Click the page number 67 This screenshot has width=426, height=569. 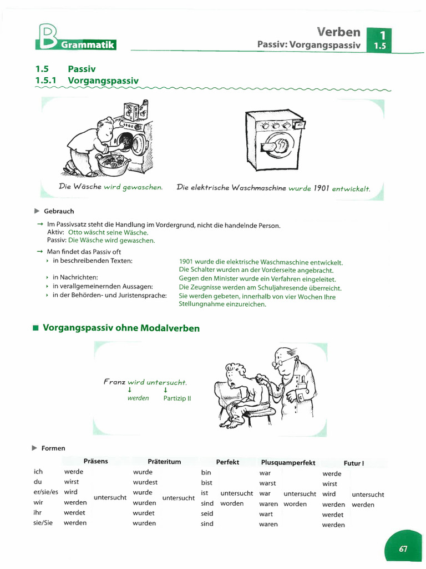[x=403, y=548]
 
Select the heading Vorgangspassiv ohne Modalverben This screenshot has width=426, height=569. [x=121, y=328]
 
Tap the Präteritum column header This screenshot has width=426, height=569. [x=164, y=462]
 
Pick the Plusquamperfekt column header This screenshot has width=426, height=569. [x=288, y=462]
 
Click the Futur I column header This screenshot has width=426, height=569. [x=354, y=463]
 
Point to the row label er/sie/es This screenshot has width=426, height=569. [x=45, y=492]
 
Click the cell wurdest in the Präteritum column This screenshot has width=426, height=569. [x=145, y=482]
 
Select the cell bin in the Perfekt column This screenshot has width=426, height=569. [x=206, y=472]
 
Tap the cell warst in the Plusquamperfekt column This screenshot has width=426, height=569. [x=267, y=483]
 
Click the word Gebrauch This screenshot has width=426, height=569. [x=58, y=211]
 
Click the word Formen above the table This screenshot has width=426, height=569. [x=53, y=448]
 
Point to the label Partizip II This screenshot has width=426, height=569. [x=177, y=398]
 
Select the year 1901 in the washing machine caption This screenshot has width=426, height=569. [x=322, y=188]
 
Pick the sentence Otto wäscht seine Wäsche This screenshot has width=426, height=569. [x=108, y=233]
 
